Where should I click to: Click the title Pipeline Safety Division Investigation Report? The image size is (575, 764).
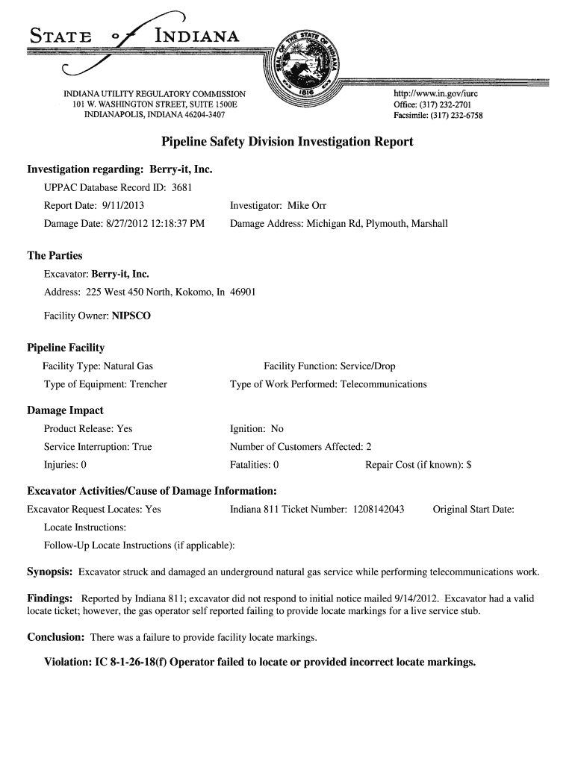[287, 142]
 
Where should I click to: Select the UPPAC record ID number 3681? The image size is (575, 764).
[182, 187]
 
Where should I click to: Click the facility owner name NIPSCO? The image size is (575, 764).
[131, 316]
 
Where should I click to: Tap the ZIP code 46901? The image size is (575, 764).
[243, 292]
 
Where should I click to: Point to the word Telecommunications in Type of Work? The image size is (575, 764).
[384, 384]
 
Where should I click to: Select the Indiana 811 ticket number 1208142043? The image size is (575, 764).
[376, 510]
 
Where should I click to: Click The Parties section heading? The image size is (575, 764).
[55, 255]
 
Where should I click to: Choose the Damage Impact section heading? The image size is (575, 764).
[65, 410]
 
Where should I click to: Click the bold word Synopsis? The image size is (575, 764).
[49, 572]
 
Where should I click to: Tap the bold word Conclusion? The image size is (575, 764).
[55, 637]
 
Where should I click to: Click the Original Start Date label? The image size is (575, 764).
[473, 510]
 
